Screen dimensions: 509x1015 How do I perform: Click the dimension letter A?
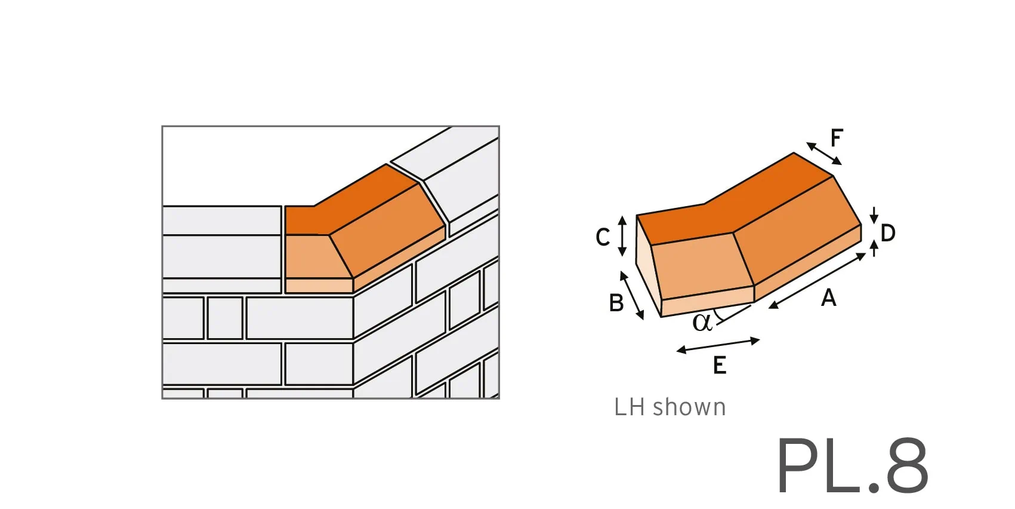[828, 298]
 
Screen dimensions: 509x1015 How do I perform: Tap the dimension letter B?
[616, 303]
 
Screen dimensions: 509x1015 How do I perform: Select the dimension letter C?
[603, 237]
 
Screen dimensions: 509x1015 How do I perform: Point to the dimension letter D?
[887, 233]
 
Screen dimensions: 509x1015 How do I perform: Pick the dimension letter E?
[720, 365]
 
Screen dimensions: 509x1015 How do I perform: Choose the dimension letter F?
[837, 138]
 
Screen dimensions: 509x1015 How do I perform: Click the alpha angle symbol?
[702, 323]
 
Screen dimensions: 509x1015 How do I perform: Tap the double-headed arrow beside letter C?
[622, 236]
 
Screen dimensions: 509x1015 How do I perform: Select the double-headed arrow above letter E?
[718, 345]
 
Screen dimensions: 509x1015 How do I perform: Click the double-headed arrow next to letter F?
[823, 153]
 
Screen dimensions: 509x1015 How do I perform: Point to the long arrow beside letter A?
[817, 281]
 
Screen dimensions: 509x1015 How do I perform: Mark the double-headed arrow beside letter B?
[632, 295]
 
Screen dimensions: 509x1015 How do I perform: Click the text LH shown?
[670, 407]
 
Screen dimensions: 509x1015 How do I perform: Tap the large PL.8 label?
[852, 465]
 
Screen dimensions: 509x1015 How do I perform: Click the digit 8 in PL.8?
[907, 465]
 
